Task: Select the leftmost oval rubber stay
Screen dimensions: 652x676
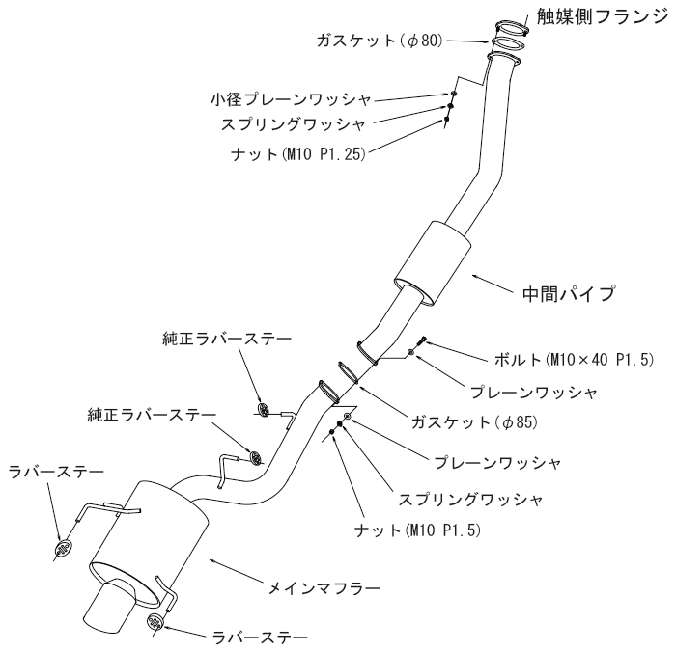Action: click(x=59, y=549)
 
